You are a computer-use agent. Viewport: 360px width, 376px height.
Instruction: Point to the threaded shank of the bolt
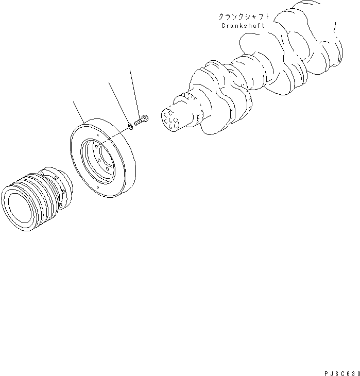tap(139, 123)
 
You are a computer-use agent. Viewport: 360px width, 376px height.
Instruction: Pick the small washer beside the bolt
tap(130, 125)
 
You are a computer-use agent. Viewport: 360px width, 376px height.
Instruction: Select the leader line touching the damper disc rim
tap(78, 112)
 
